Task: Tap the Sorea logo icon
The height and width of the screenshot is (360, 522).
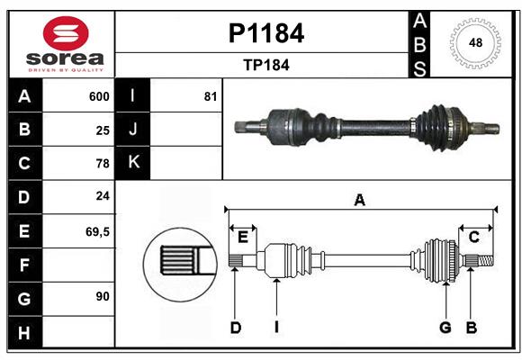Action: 66,34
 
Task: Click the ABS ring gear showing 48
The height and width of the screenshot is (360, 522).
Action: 473,43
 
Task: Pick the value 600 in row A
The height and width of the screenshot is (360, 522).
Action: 99,96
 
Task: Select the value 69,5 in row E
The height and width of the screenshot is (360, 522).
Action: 97,231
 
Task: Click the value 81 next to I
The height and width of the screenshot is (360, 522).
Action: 211,96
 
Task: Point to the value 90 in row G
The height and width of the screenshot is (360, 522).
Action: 103,296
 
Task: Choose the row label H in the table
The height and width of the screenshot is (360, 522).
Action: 24,332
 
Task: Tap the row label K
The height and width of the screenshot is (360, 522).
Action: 133,162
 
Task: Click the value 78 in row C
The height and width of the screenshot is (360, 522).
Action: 103,164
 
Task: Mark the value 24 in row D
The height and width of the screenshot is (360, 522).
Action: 103,196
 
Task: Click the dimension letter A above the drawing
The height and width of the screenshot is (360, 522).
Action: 360,201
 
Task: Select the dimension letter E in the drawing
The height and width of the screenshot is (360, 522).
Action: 242,238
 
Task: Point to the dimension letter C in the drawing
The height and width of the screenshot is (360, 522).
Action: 473,238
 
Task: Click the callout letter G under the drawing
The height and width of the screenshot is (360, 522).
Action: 445,328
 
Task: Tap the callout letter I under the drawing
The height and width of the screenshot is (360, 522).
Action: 277,328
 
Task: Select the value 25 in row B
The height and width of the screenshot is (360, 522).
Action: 103,130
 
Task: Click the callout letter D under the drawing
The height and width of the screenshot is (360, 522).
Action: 235,328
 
